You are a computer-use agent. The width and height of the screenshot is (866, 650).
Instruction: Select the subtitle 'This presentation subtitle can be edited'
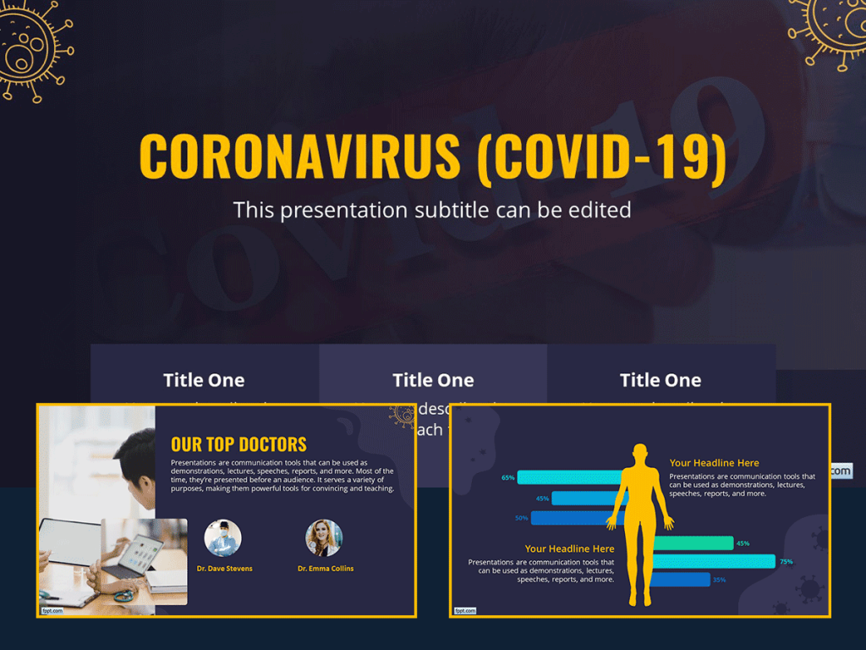tap(432, 209)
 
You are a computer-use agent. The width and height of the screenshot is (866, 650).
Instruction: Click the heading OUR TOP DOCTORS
tap(238, 444)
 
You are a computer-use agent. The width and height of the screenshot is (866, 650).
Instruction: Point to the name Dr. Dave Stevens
tap(224, 569)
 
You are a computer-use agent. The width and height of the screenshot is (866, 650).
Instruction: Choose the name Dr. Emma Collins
tap(326, 569)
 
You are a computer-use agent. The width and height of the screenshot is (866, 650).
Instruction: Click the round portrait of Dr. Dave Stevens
tap(223, 537)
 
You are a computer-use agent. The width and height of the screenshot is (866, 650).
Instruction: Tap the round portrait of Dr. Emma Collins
tap(324, 537)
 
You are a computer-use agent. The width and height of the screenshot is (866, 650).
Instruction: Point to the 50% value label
tap(521, 518)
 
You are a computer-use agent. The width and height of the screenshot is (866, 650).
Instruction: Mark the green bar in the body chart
tap(693, 543)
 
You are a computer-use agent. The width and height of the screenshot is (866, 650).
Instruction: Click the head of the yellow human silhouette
tap(640, 454)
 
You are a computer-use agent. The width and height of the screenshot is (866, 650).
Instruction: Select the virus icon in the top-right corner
tap(833, 30)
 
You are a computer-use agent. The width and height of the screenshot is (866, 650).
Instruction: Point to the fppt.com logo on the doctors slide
tap(52, 609)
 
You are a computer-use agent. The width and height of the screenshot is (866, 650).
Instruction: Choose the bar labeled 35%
tap(682, 580)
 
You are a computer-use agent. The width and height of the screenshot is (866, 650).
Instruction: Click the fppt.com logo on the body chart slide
tap(465, 609)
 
